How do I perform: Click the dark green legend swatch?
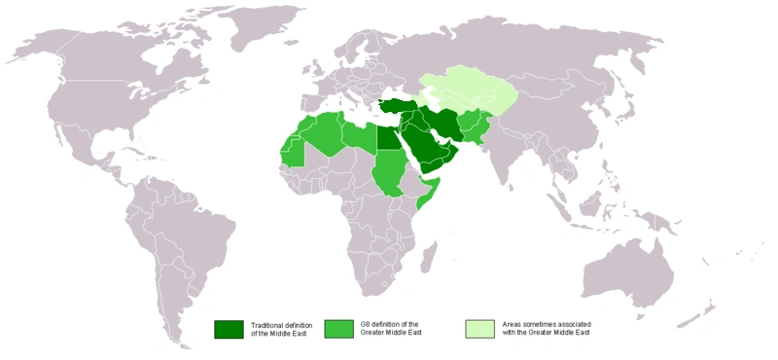(x=229, y=329)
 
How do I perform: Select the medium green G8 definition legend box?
(x=339, y=329)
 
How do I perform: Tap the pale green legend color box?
(x=479, y=329)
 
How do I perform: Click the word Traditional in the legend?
(x=272, y=324)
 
